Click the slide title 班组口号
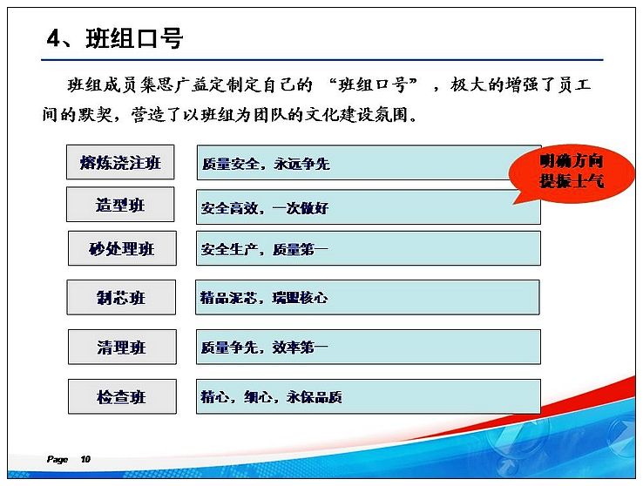coord(134,39)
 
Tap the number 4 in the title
coord(54,39)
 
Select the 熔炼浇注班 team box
coord(120,162)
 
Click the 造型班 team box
coord(120,204)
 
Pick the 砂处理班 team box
coord(122,248)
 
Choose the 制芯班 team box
coord(121,298)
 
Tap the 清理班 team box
coord(122,348)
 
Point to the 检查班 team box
coord(122,396)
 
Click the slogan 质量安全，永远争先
coord(266,164)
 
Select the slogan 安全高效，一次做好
coord(265,208)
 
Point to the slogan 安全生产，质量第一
coord(265,249)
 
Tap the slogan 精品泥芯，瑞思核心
coord(264,298)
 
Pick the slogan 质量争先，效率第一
coord(265,348)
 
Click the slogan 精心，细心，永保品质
coord(271,396)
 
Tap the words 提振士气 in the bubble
coord(572,180)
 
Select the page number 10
coord(85,459)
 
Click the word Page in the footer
coord(57,459)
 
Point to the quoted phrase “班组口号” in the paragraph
coord(372,84)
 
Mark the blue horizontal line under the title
coord(321,60)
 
